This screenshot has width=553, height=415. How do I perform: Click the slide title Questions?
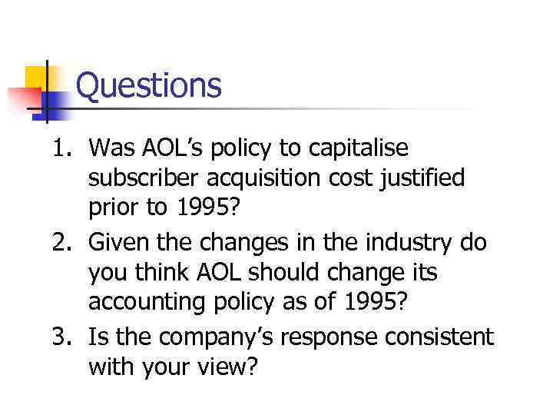149,86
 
